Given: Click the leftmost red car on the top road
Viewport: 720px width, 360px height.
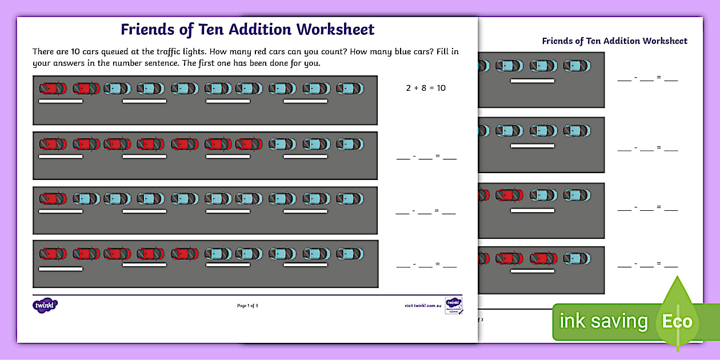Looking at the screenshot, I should coord(53,89).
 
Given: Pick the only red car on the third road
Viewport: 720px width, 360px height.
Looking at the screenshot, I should coord(53,199).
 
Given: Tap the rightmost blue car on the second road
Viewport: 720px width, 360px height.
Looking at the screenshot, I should coord(349,144).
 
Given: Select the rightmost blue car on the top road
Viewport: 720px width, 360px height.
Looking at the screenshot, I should coord(349,89).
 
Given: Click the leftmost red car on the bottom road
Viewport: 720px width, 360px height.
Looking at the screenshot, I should coord(53,253).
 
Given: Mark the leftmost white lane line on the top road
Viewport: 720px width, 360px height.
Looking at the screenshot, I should coord(61,102).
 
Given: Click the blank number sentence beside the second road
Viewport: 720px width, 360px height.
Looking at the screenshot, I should coord(426,156).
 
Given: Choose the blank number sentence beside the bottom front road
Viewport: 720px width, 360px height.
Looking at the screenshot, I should coord(426,265).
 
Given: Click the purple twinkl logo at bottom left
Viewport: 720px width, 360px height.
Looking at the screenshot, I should coord(45,305).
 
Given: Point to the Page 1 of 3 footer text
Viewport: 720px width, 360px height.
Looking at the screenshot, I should coord(247,306).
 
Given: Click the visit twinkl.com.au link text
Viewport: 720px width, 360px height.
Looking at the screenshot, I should coord(423,306).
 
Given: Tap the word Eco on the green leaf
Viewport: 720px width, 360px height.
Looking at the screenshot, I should coord(677,321).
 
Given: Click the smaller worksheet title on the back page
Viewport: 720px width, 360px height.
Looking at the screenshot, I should coord(614,41).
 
